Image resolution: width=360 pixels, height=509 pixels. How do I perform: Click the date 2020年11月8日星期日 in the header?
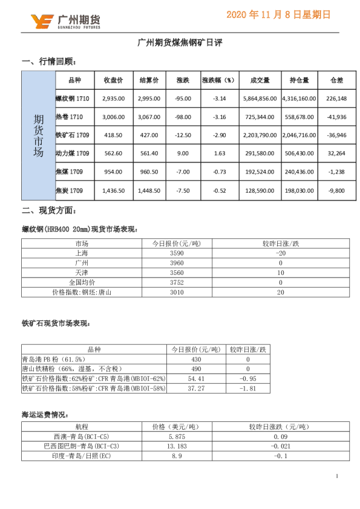278,15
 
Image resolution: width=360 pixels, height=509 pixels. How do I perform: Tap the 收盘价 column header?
114,80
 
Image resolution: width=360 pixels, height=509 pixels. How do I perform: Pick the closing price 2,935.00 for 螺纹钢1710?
114,99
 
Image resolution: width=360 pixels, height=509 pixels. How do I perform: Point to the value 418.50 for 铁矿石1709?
114,135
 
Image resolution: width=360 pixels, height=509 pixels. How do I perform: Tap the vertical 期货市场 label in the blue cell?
38,135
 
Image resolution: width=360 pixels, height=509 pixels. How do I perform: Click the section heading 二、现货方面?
49,211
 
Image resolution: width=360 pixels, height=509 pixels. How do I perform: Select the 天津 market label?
82,273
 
